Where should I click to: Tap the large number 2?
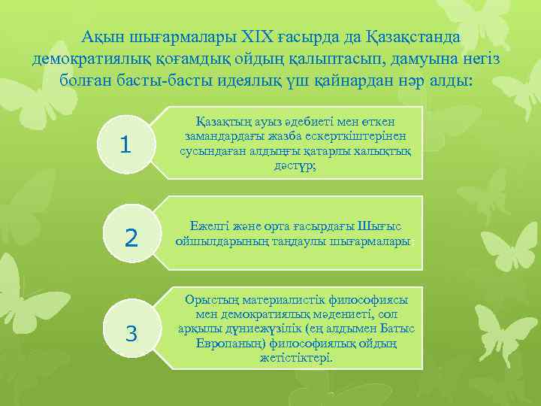pos(131,238)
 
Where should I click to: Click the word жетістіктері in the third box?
pos(296,358)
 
